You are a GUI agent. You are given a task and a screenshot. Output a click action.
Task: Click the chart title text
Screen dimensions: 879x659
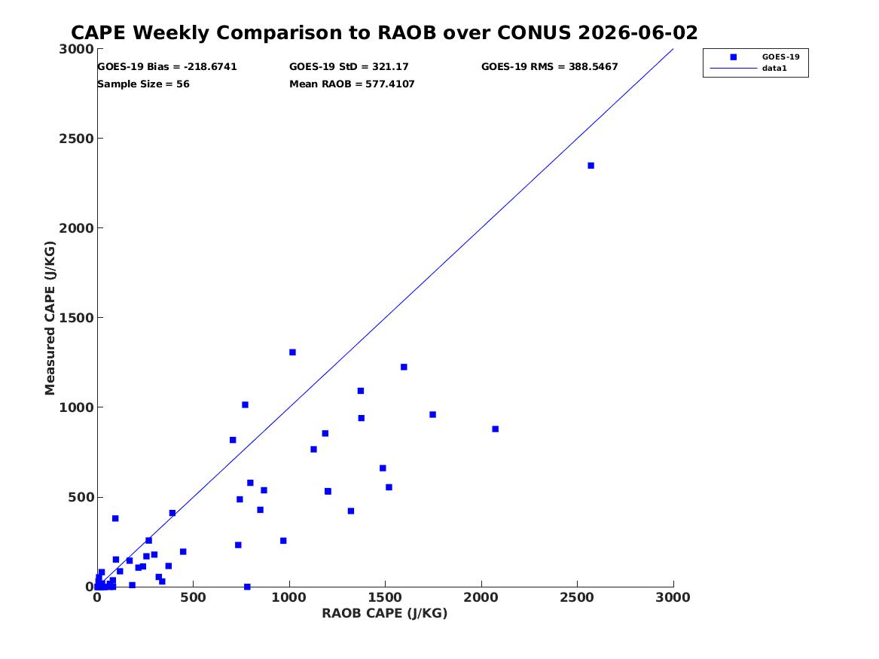click(x=384, y=32)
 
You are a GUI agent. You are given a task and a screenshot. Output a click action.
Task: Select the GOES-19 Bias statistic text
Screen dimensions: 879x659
click(x=167, y=67)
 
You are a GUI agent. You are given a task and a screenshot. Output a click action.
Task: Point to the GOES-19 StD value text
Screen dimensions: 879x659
click(x=349, y=67)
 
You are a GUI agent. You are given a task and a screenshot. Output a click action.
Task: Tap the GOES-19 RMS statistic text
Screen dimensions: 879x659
click(x=549, y=67)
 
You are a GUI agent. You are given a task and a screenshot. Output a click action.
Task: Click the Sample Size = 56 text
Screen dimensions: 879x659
click(x=144, y=84)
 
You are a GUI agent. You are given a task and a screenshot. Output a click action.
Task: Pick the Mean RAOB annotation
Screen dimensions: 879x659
click(x=352, y=84)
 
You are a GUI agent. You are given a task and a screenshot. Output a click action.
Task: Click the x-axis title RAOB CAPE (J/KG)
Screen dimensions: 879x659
click(x=385, y=613)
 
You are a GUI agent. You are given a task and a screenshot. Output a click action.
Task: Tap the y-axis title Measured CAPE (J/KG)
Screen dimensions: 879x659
click(x=50, y=318)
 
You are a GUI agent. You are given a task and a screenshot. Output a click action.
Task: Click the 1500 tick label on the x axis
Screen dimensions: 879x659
click(x=385, y=597)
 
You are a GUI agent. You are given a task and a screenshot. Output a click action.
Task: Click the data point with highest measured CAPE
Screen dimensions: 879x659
click(x=591, y=165)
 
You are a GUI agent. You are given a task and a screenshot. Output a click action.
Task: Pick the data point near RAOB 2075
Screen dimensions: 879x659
click(x=496, y=429)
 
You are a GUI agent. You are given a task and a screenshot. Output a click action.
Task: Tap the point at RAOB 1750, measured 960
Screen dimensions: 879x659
click(x=433, y=415)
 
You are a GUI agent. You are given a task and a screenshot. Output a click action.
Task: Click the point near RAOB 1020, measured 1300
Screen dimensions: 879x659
click(x=293, y=352)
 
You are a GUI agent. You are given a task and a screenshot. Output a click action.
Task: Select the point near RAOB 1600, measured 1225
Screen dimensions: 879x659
click(x=404, y=367)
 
